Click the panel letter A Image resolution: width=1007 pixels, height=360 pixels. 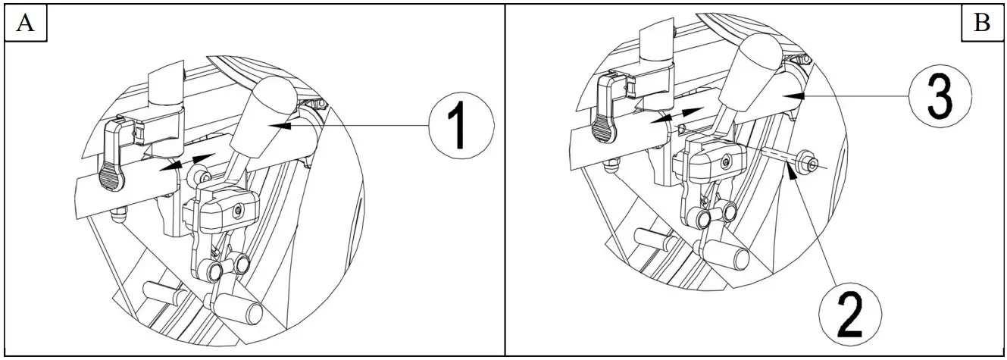[x=24, y=23]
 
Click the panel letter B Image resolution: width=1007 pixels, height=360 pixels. [x=981, y=23]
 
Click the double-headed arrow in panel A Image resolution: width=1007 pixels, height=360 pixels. [x=188, y=161]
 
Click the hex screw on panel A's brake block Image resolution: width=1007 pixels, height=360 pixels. [x=239, y=209]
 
